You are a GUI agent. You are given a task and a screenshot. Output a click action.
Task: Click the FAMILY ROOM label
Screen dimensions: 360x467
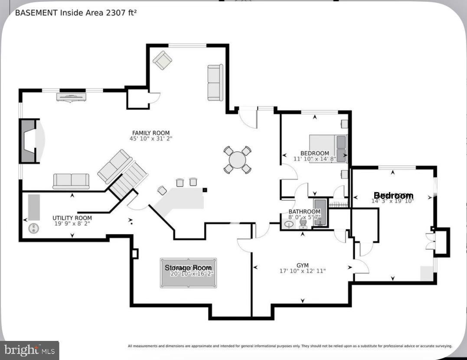[x=151, y=133]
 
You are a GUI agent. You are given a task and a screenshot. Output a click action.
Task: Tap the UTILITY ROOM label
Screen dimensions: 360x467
[x=72, y=218]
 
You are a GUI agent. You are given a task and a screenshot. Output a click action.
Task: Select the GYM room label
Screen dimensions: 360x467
[x=302, y=265]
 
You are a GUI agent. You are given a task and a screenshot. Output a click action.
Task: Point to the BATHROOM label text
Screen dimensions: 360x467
[x=304, y=212]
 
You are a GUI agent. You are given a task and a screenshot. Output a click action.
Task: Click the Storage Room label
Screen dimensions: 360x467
[x=188, y=268]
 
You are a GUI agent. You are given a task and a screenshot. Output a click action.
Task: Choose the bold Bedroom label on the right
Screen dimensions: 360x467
[x=393, y=196]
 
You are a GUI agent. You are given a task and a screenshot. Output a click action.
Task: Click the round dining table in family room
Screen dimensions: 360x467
[x=237, y=160]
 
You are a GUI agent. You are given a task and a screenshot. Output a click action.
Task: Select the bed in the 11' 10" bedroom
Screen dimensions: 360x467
[x=328, y=148]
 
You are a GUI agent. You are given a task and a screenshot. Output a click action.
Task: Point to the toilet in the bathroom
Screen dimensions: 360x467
[x=303, y=223]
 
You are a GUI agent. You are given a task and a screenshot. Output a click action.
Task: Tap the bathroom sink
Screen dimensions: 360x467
[x=289, y=224]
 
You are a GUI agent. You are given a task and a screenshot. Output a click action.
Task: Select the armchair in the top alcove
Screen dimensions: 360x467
[x=163, y=60]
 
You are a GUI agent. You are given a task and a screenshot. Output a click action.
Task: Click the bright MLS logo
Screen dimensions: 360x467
[x=29, y=350]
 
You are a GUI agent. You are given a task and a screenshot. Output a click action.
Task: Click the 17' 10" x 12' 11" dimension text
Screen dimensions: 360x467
[x=302, y=271]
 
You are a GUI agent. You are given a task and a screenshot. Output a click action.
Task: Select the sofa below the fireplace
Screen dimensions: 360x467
[x=71, y=181]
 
